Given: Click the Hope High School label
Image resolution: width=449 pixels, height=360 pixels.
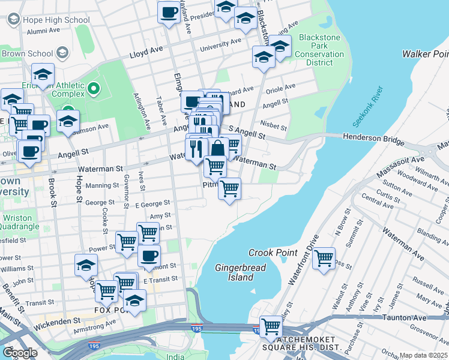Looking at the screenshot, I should click(x=56, y=20).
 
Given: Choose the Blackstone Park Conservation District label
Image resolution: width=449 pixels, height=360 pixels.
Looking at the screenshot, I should click(x=319, y=49).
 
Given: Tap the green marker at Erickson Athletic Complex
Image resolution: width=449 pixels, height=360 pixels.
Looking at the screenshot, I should click(x=93, y=90).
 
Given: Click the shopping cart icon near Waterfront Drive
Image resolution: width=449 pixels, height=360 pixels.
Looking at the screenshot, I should click(x=324, y=259).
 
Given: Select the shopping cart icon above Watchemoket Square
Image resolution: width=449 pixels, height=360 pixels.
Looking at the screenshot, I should click(x=271, y=326).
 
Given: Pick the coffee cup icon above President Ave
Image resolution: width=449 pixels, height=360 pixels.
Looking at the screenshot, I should click(x=169, y=11).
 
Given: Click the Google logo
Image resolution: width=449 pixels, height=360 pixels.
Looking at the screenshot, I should click(x=20, y=353).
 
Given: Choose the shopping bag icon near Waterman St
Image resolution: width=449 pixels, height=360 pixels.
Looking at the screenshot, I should click(x=218, y=148).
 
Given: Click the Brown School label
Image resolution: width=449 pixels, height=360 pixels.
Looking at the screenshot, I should click(x=27, y=53).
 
